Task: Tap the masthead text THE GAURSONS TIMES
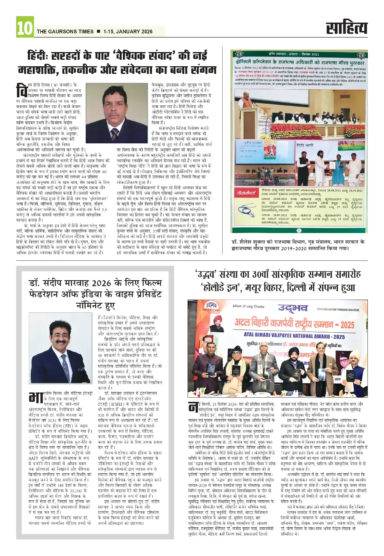pyautogui.click(x=65, y=31)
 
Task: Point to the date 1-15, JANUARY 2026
pyautogui.click(x=128, y=31)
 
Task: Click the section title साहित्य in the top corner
pyautogui.click(x=347, y=28)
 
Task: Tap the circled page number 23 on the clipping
pyautogui.click(x=299, y=231)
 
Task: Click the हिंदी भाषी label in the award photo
pyautogui.click(x=305, y=145)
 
